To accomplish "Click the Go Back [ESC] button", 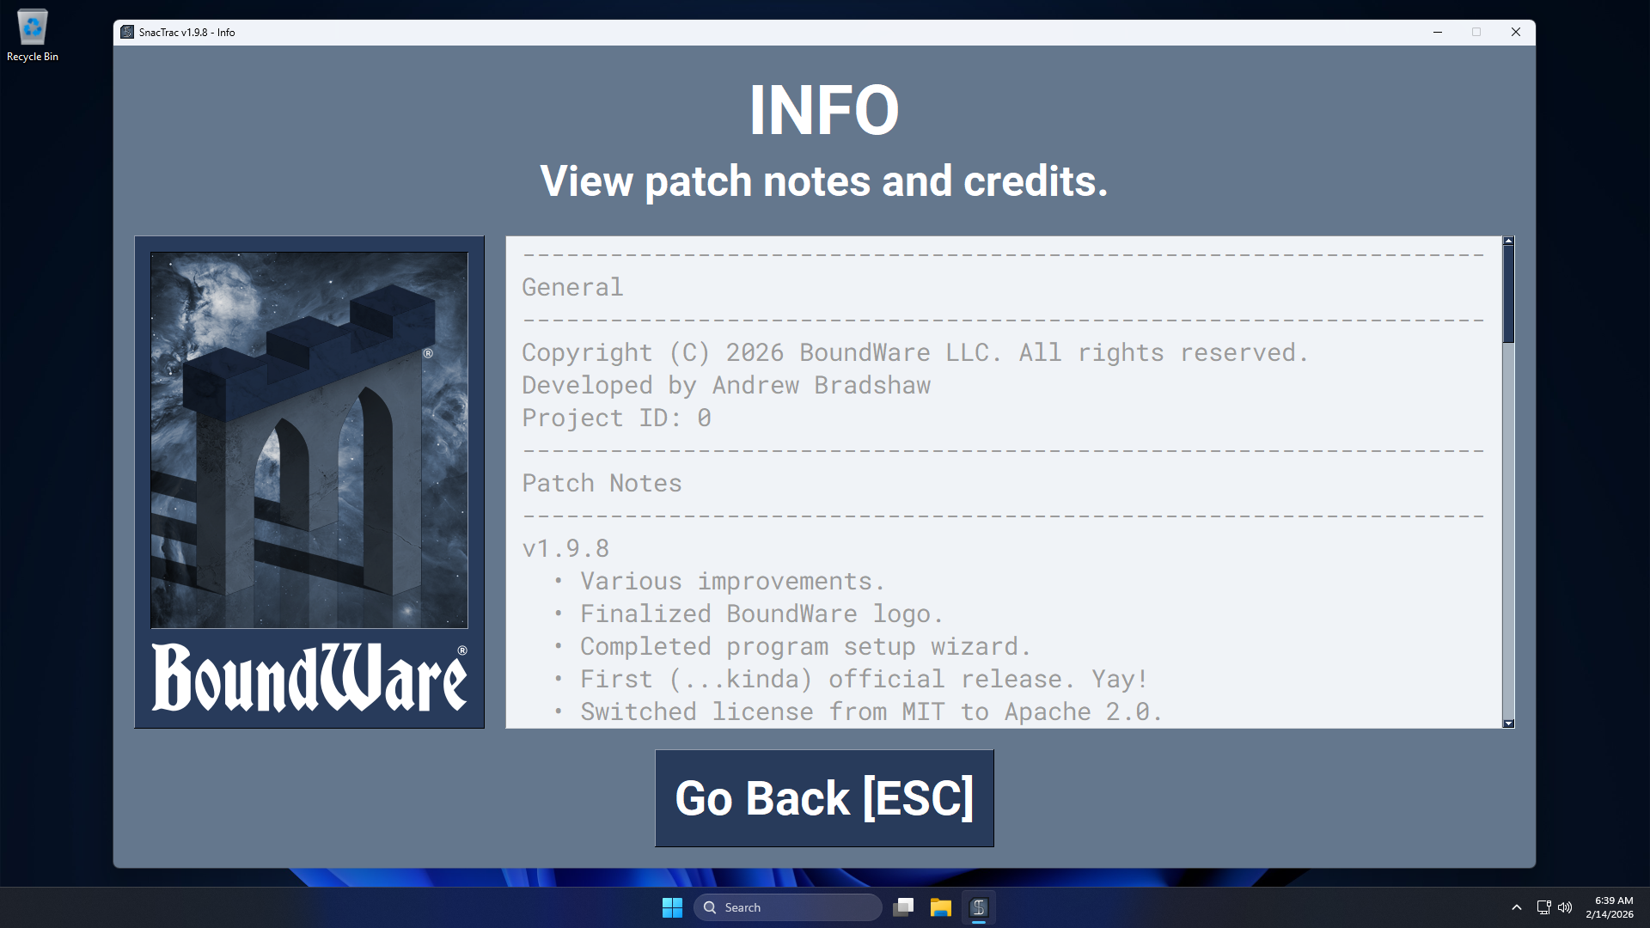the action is click(824, 798).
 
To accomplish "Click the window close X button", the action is click(1516, 32).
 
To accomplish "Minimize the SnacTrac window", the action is click(1437, 32).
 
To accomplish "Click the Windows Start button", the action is click(672, 907).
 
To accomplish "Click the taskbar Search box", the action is click(788, 907).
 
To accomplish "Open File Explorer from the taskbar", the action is click(941, 907).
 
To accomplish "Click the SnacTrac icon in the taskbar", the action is click(979, 907).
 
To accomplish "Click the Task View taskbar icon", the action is click(903, 907).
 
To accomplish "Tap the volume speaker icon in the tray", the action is click(1565, 907).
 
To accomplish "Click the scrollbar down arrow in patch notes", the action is click(1508, 723).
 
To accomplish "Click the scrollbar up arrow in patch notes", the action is click(1508, 241).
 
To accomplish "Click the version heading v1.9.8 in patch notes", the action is click(565, 548).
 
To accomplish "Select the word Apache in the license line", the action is click(1048, 711).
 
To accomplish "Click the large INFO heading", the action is click(824, 110).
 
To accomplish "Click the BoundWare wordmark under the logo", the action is click(309, 678).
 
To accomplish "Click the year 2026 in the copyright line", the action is click(755, 352).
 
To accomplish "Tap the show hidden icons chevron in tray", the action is click(1517, 907).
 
